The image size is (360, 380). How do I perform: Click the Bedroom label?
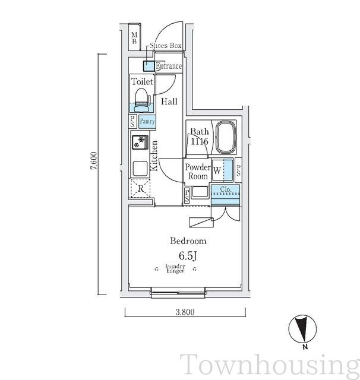click(x=188, y=241)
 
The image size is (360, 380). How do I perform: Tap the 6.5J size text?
click(x=187, y=256)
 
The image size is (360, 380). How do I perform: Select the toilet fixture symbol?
click(x=142, y=100)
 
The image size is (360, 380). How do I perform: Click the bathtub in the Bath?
click(x=226, y=137)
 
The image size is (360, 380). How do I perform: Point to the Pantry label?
click(x=147, y=121)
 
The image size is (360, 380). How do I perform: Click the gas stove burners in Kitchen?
click(x=140, y=142)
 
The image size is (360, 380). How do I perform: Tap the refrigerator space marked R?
click(x=140, y=188)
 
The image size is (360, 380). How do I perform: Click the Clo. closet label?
click(x=226, y=189)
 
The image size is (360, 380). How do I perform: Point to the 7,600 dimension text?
click(x=94, y=160)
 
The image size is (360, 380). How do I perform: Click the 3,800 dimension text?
click(x=185, y=312)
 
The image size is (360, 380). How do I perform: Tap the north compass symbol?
click(x=302, y=329)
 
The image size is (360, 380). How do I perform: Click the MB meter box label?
click(x=134, y=38)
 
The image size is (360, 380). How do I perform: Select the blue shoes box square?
click(x=149, y=66)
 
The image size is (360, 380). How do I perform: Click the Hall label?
click(x=169, y=102)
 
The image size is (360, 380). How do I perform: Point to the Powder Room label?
click(x=198, y=172)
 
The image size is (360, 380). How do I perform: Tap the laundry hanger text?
click(x=175, y=268)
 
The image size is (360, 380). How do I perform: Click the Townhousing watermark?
click(x=270, y=365)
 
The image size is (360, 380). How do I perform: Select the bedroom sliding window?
click(x=178, y=292)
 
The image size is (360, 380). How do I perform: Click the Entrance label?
click(x=169, y=66)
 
